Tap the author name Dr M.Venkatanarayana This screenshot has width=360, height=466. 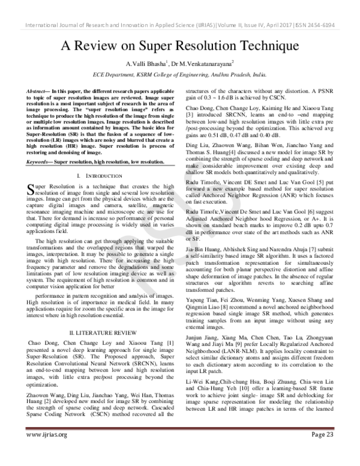pyautogui.click(x=202, y=64)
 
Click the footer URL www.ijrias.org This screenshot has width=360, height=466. pyautogui.click(x=46, y=450)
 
